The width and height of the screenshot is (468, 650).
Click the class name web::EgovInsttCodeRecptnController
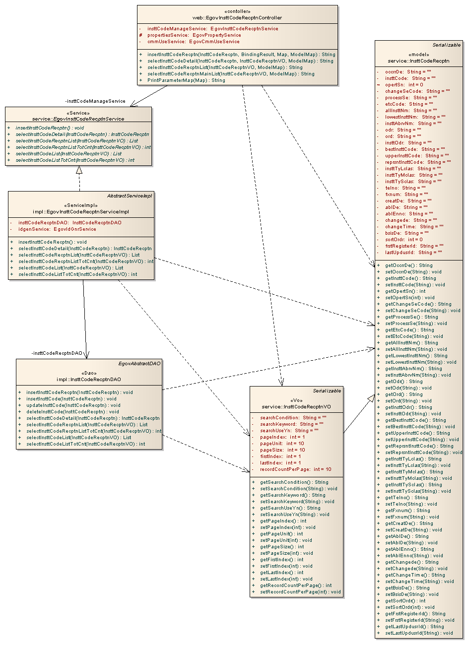point(237,18)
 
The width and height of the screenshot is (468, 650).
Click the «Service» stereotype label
point(78,113)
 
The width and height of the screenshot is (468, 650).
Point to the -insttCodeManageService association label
point(95,101)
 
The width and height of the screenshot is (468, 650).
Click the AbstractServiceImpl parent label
point(130,196)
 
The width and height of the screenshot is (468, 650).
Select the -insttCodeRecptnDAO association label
point(57,353)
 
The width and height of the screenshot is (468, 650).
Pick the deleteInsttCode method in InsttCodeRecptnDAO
point(72,411)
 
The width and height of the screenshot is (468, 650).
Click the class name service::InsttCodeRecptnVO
point(296,407)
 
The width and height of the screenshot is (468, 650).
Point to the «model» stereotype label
point(418,55)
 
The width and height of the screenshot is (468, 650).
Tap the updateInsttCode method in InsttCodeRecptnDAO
point(73,405)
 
